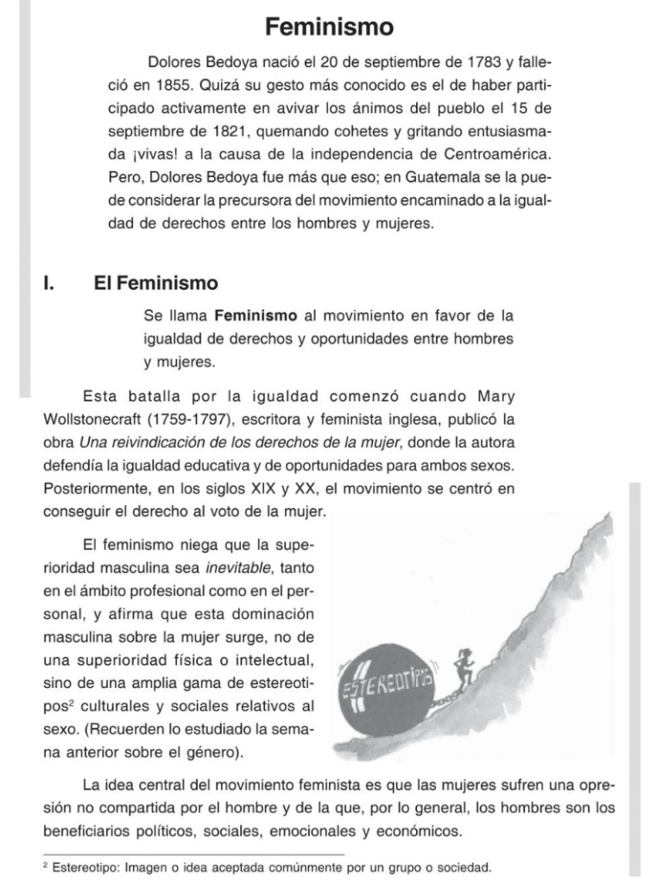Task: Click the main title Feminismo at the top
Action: click(x=329, y=27)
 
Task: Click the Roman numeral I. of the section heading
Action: click(x=49, y=283)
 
